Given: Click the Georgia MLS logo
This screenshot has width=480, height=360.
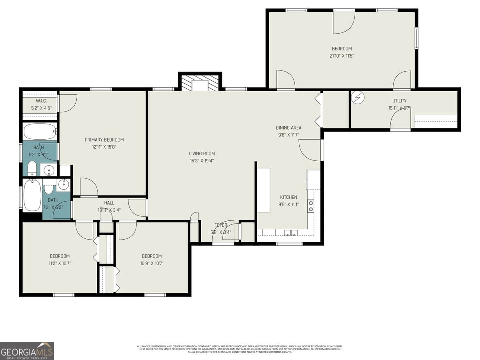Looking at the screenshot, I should click(27, 351).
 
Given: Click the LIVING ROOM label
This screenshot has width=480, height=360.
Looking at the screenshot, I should click(202, 154).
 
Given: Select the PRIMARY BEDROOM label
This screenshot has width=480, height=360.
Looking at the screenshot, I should click(104, 140).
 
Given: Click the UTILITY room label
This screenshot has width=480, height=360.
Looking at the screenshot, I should click(399, 101).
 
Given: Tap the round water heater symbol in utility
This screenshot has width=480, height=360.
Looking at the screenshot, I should click(359, 97).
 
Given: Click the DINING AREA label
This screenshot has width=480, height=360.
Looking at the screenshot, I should click(288, 128).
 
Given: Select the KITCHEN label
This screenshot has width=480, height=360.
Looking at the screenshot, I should click(288, 197).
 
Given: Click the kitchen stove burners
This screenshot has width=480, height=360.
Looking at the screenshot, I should click(310, 206).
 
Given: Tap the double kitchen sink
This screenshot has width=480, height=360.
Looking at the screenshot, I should click(291, 233).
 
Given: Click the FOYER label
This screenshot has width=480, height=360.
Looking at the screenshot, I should click(220, 225).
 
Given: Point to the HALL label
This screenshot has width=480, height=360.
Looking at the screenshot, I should click(109, 203).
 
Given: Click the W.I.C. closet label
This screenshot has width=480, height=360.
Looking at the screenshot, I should click(41, 101).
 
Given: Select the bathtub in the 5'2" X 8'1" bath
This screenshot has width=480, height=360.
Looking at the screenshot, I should click(40, 131).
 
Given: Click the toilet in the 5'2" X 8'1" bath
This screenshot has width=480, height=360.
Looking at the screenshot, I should click(32, 169).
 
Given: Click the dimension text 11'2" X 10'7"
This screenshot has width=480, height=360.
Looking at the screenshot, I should click(60, 263).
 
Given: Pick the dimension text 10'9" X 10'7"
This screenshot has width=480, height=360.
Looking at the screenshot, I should click(152, 263).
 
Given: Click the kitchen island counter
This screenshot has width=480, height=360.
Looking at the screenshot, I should click(263, 190).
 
